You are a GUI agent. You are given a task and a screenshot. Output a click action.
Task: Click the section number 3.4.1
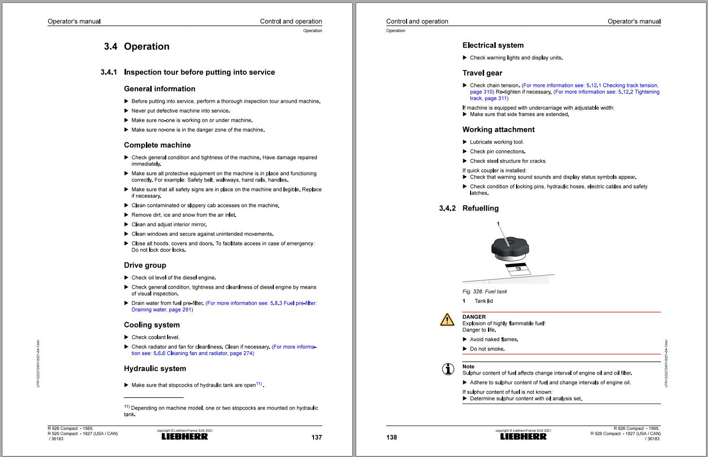(109, 72)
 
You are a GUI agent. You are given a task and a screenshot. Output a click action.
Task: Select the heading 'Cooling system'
(152, 325)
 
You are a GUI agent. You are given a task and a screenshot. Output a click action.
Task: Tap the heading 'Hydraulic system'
(155, 369)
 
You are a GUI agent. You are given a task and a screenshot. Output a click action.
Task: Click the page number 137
(316, 438)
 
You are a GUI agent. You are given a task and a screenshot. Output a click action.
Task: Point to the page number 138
(392, 438)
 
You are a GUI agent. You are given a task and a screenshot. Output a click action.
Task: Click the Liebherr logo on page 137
(185, 437)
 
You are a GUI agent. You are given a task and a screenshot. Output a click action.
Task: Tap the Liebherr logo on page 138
(523, 437)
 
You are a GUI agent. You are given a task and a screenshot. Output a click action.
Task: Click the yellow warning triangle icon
(447, 319)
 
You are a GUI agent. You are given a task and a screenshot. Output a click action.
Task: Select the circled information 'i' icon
(448, 369)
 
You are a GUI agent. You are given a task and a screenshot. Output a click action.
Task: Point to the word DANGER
(474, 317)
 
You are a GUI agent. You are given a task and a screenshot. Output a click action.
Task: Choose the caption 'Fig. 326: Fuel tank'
(485, 292)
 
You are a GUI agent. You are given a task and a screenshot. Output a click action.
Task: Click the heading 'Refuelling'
(480, 208)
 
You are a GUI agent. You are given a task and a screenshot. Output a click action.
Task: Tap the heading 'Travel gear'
(482, 73)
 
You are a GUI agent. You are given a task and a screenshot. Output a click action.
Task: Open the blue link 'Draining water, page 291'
(162, 310)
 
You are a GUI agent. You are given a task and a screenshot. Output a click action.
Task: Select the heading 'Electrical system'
(493, 46)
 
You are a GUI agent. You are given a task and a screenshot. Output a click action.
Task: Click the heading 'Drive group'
(145, 265)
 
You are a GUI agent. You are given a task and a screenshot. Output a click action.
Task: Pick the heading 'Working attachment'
(498, 130)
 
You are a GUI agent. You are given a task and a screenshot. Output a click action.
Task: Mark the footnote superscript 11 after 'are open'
(259, 384)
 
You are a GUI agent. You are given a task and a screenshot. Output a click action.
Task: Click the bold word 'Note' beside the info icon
(468, 367)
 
